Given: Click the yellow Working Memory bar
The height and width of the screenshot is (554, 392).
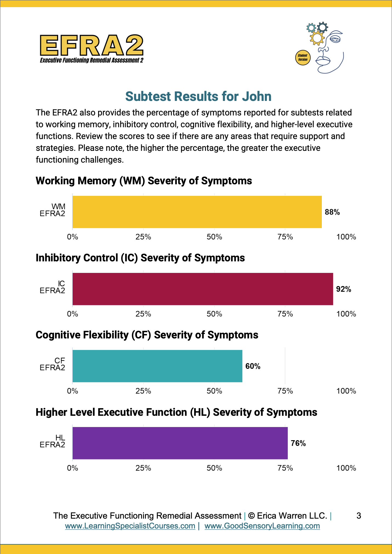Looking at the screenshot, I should pos(197,212).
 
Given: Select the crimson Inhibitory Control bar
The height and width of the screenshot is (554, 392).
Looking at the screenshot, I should pos(203,289).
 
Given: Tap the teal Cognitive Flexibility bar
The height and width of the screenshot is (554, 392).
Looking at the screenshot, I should pos(157,366).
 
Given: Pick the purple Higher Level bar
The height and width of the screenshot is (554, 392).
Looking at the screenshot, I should pos(180,443).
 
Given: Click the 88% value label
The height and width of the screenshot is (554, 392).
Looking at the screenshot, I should pos(332,212).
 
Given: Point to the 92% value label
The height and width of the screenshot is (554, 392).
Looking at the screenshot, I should pos(343,289).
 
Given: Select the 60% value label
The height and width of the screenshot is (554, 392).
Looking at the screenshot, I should pos(253,366).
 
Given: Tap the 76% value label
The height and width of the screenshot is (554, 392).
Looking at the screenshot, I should pos(298,443).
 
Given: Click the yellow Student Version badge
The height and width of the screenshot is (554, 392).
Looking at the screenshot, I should pos(303,58).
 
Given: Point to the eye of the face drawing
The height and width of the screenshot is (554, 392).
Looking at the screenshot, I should pos(335,39).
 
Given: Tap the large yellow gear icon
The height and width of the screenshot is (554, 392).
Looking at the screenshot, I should pos(317,38).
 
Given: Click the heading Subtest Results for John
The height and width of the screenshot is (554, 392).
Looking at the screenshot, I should pos(198,97).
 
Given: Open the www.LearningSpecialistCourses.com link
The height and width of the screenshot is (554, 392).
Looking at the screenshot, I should pos(130,526).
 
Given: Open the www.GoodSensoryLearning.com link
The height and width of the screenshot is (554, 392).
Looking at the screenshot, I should pos(262,526).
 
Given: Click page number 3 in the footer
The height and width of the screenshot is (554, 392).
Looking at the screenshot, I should pos(359,516).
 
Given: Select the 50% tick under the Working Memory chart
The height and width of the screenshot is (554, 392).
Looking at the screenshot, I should pos(214,237).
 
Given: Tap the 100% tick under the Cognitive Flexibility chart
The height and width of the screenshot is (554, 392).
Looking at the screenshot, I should pos(346,391).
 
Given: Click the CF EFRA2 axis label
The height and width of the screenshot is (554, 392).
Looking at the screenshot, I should pos(52,364).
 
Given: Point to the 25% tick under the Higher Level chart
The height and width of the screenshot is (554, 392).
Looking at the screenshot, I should pos(143,468).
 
